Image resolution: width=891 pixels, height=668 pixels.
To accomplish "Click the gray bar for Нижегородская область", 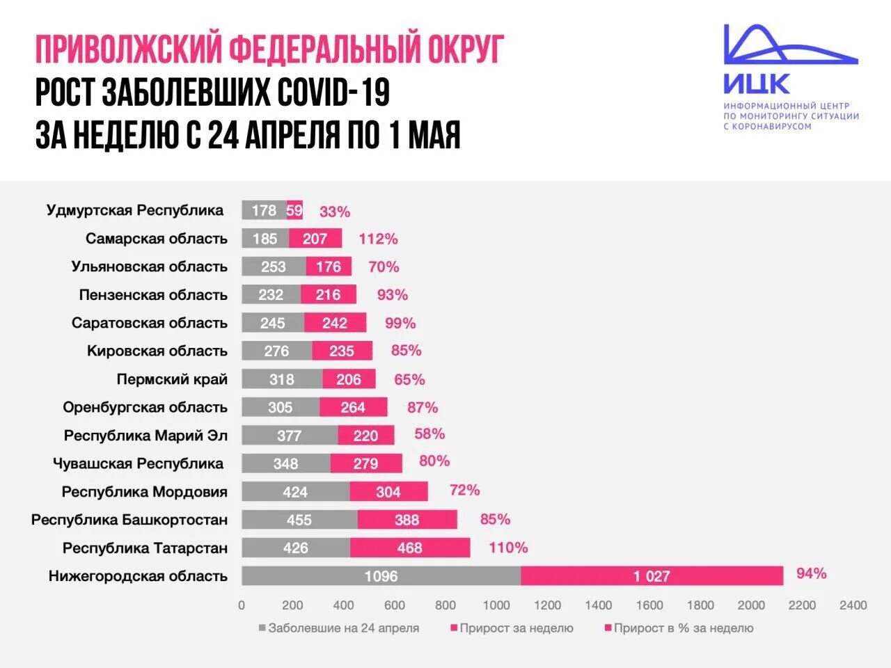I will pos(381,576).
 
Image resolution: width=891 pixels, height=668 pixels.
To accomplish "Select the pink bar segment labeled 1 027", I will pos(652,576).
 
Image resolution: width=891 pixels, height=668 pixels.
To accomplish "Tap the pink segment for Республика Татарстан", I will pos(410,548).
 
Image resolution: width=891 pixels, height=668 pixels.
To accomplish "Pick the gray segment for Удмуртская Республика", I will pos(264,210).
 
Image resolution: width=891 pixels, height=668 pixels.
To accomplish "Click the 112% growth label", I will pos(378,239).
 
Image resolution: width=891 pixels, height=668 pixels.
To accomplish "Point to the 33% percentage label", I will pos(335,212).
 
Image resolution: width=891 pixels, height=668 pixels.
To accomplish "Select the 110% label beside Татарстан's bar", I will pos(508,548).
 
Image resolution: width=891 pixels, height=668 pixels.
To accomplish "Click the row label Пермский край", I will pos(172,379).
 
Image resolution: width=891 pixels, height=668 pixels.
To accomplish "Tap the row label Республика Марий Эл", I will pos(145,436).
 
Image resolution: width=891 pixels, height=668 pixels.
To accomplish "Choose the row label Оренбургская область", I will pos(145,407).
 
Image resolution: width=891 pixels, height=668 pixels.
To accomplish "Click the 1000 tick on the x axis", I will pos(496,605).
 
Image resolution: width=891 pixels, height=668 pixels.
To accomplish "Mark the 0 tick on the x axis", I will pos(242,605).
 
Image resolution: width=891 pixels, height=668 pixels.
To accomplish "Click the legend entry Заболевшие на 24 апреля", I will pos(343,628).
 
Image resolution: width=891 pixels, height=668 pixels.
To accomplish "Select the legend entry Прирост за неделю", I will pos(516,628).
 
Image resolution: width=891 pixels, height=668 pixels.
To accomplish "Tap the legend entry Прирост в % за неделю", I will pos(683,628).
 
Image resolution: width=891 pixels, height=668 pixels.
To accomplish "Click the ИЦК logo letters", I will pos(757,84).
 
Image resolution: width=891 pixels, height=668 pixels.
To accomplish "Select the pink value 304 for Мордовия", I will pos(388,492).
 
